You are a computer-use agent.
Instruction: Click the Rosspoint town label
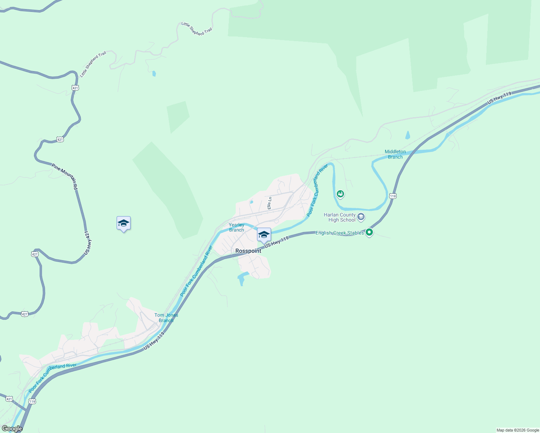pos(248,251)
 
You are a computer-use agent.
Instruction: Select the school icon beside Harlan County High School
pos(361,217)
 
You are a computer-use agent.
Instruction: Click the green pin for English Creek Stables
pos(369,232)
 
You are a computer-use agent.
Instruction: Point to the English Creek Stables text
pos(340,233)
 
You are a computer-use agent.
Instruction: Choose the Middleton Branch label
pos(395,154)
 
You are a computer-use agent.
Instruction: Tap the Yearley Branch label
pos(236,227)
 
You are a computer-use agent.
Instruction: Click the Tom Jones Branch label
pos(166,318)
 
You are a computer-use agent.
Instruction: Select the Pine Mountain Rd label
pos(65,177)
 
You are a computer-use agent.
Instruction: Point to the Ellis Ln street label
pos(269,203)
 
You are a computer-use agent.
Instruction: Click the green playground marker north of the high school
pos(340,194)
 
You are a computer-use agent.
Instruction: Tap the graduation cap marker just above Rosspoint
pos(264,235)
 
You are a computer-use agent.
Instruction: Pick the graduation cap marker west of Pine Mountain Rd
pos(123,223)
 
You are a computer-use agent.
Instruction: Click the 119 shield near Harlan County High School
pos(393,196)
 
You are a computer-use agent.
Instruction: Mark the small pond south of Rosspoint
pos(241,279)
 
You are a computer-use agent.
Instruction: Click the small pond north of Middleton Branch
pos(408,135)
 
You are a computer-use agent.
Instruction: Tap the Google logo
pos(12,429)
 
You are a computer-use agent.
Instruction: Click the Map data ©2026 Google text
pos(518,430)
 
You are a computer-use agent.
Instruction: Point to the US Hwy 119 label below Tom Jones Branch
pos(154,341)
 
